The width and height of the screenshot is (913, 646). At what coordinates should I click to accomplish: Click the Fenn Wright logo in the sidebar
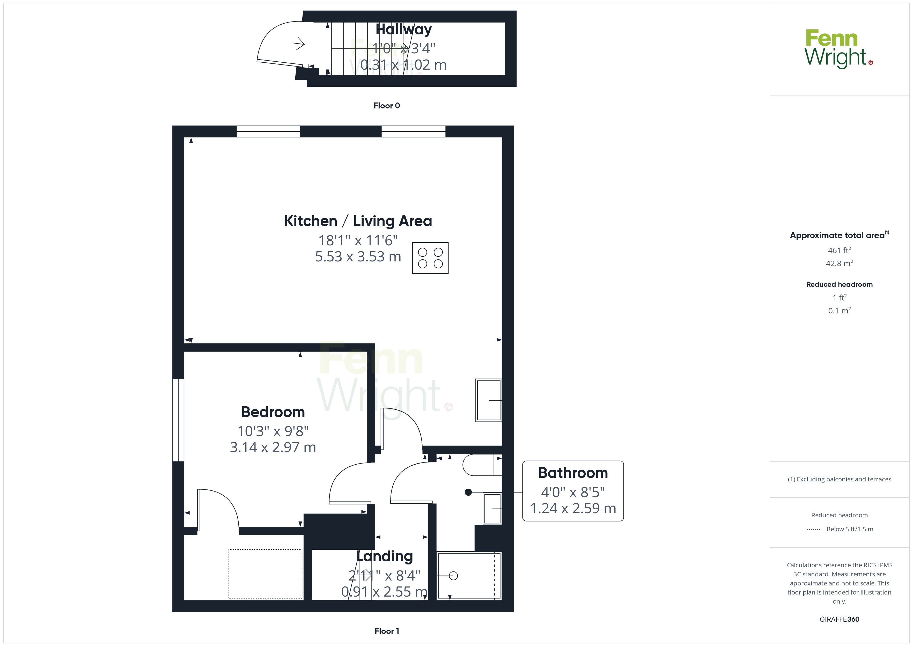pyautogui.click(x=839, y=49)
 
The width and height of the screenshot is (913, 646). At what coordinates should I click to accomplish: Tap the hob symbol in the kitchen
pyautogui.click(x=430, y=258)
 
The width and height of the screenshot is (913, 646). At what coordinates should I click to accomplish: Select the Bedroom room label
pyautogui.click(x=273, y=412)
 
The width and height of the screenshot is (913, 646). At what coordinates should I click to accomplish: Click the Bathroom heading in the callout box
pyautogui.click(x=573, y=473)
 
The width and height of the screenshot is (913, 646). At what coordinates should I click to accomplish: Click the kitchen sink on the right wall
pyautogui.click(x=489, y=400)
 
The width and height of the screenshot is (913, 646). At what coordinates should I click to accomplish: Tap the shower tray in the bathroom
pyautogui.click(x=469, y=576)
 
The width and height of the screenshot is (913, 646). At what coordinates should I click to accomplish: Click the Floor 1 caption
pyautogui.click(x=387, y=631)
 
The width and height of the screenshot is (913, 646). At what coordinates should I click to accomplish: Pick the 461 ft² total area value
pyautogui.click(x=839, y=250)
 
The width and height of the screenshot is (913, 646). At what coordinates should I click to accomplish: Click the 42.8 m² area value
pyautogui.click(x=839, y=263)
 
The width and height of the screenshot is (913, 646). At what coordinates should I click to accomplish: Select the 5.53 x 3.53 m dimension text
pyautogui.click(x=358, y=256)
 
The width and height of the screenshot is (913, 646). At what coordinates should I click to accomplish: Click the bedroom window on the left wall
pyautogui.click(x=178, y=420)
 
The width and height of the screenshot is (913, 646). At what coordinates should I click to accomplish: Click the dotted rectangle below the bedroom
pyautogui.click(x=266, y=574)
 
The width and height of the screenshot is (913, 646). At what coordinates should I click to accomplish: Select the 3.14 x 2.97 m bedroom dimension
pyautogui.click(x=273, y=447)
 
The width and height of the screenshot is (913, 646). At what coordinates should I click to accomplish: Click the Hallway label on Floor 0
pyautogui.click(x=404, y=30)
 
